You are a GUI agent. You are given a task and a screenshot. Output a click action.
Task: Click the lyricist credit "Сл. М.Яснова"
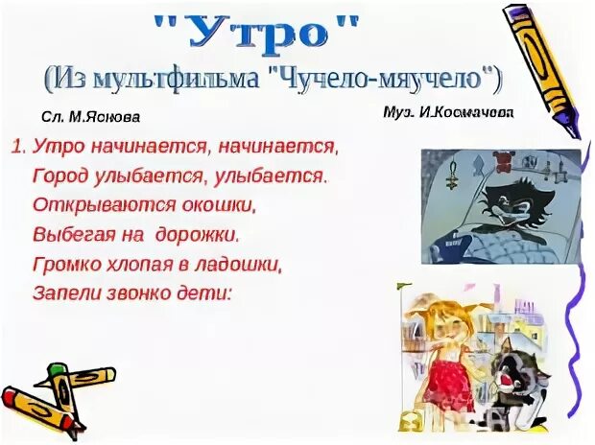tap(91, 117)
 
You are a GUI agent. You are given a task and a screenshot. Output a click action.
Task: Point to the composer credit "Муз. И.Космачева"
tap(447, 112)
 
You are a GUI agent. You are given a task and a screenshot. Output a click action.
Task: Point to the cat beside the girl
tap(523, 384)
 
